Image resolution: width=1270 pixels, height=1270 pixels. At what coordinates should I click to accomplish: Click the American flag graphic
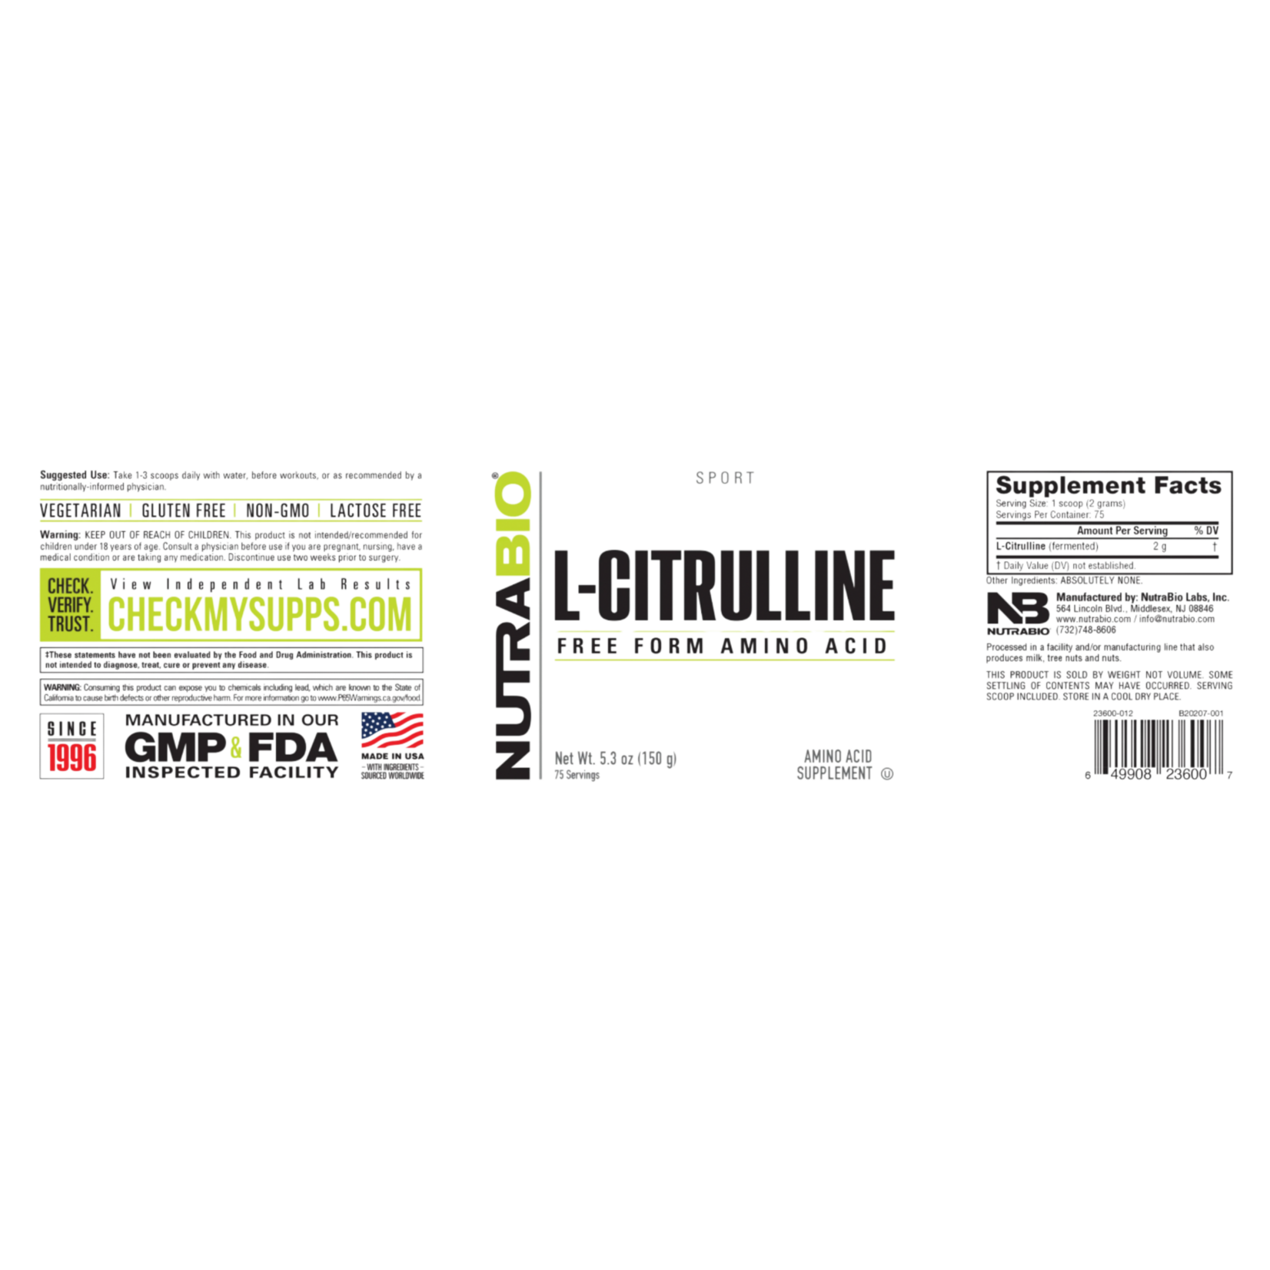point(392,730)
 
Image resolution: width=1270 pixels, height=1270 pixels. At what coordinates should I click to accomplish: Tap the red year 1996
point(72,758)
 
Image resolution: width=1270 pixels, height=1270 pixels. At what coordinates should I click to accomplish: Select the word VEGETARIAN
point(81,511)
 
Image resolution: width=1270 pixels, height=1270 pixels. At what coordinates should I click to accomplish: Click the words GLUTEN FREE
point(184,511)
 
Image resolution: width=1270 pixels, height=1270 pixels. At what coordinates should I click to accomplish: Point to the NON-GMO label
point(278,511)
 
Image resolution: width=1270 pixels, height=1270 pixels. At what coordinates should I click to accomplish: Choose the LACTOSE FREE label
point(375,511)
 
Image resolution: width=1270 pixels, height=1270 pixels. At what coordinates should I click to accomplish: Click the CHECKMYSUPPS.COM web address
point(260,614)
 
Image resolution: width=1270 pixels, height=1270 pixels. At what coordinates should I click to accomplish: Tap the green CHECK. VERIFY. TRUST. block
point(70,605)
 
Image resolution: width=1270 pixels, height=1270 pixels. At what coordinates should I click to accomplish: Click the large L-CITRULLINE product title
point(725,585)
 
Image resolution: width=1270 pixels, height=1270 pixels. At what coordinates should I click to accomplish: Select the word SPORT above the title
point(725,478)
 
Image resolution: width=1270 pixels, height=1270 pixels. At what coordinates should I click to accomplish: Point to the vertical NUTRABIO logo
point(513,626)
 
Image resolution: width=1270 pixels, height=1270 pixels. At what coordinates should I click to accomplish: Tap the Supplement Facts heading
point(1109,486)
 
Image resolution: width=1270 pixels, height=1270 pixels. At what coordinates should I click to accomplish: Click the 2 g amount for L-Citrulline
point(1159,547)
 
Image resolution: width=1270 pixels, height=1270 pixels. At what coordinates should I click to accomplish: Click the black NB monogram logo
point(1018,608)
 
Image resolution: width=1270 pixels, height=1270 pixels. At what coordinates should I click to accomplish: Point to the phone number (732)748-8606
point(1085,630)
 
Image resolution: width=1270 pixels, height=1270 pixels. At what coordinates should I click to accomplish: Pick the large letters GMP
point(175,747)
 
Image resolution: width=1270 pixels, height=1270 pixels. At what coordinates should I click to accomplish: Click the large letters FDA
point(292,747)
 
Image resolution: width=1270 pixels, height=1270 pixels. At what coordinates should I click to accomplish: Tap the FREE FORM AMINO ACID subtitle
point(723,647)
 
